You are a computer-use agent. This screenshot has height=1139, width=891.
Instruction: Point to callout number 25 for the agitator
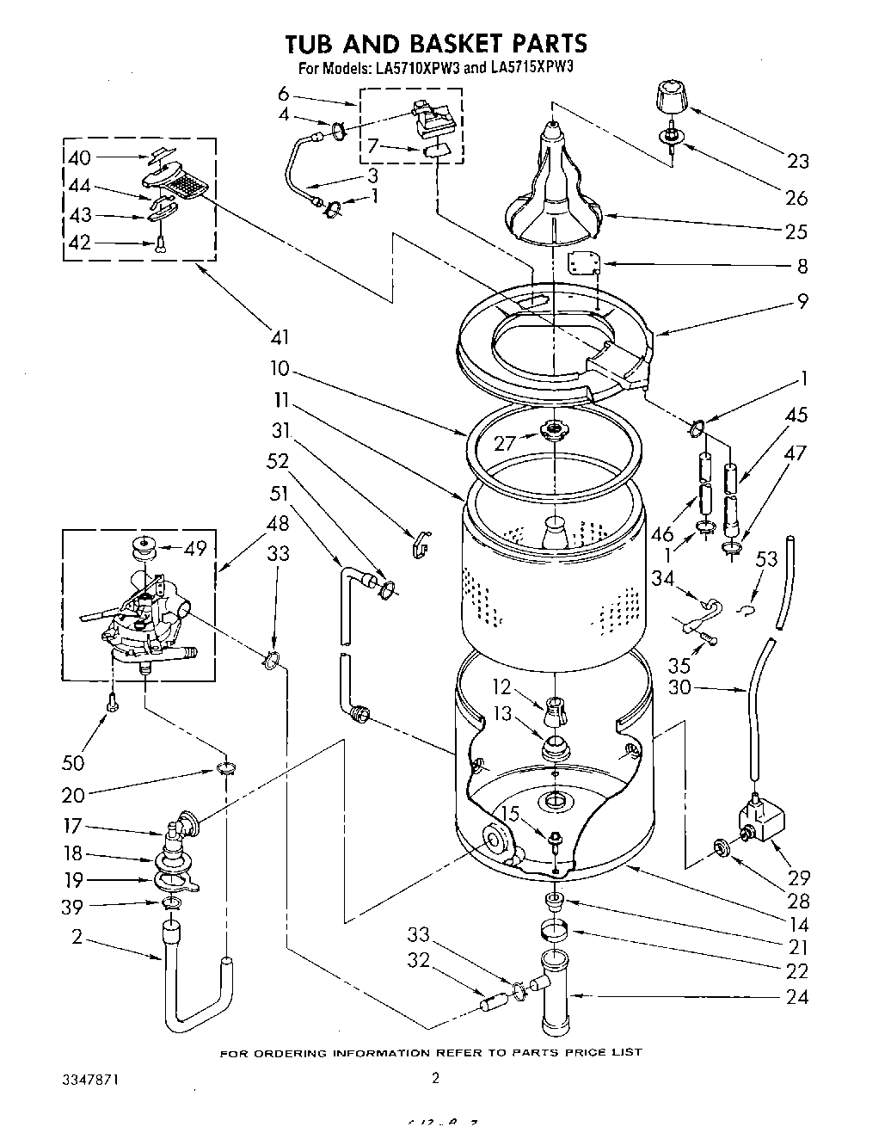(x=796, y=231)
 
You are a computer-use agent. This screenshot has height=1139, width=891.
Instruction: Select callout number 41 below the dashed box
(x=280, y=337)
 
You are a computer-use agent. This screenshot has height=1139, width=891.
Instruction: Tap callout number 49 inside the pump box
(x=196, y=548)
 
